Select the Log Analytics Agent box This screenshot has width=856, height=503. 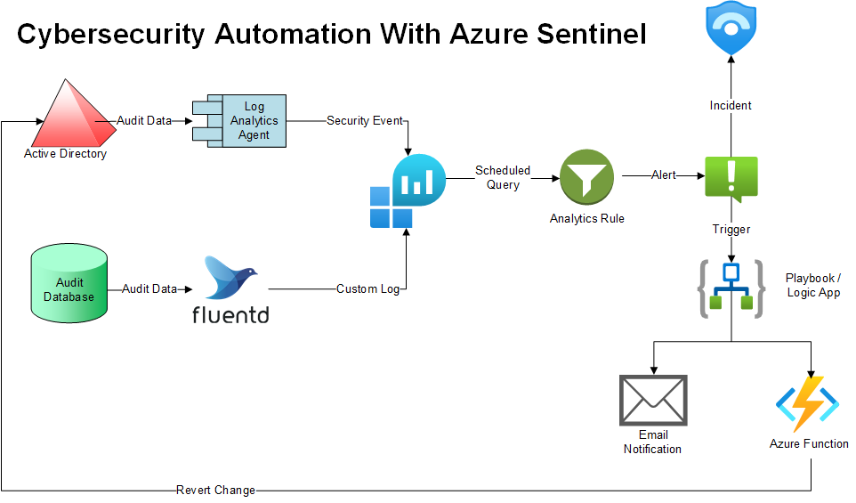click(239, 121)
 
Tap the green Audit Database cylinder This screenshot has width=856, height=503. click(69, 283)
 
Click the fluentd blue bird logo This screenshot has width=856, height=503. click(230, 277)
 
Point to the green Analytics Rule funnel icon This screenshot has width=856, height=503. click(586, 177)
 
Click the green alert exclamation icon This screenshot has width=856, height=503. click(731, 178)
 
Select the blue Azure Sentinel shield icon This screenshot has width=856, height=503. click(731, 28)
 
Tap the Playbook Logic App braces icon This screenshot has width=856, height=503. click(731, 289)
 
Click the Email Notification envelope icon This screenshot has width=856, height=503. click(653, 401)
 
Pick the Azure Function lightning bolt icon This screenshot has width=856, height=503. click(808, 403)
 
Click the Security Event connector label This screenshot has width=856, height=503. click(365, 121)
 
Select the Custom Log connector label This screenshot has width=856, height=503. click(368, 289)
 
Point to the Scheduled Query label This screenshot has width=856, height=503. click(503, 177)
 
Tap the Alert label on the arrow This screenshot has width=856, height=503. click(663, 175)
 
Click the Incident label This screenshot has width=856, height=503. click(731, 105)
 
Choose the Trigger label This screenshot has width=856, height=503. click(731, 230)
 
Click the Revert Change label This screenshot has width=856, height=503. click(215, 491)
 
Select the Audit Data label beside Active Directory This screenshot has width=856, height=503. click(144, 121)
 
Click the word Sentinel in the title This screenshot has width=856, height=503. click(592, 34)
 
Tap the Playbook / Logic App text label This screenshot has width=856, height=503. click(813, 285)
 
